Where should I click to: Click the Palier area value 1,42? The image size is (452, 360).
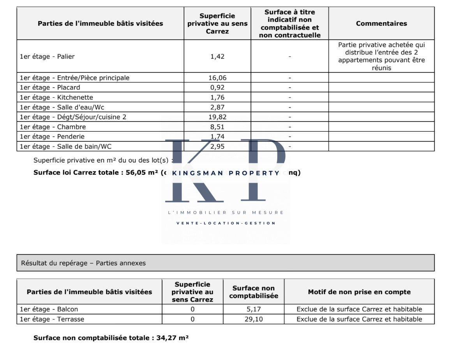217,56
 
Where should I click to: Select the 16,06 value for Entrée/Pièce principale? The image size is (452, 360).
217,78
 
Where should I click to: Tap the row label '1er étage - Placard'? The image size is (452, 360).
50,88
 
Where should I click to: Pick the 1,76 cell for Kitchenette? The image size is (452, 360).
217,97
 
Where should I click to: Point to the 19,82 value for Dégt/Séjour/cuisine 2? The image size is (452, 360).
217,117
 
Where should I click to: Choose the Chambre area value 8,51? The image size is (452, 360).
217,127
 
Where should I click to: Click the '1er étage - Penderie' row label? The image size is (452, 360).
52,137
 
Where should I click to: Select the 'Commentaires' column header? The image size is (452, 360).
381,23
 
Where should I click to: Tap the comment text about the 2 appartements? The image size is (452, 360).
381,56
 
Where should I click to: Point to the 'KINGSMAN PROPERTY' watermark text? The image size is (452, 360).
226,173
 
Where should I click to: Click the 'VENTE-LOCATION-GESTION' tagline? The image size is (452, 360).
226,223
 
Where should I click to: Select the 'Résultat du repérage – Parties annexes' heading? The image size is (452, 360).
83,263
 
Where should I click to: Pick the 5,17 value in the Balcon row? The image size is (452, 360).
253,309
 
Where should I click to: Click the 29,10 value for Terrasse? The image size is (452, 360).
253,319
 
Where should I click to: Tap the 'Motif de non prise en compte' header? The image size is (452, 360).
359,292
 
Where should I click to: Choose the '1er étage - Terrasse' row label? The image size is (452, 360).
52,319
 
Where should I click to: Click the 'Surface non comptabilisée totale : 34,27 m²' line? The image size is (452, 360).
111,338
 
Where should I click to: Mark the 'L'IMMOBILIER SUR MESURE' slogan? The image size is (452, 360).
226,213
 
